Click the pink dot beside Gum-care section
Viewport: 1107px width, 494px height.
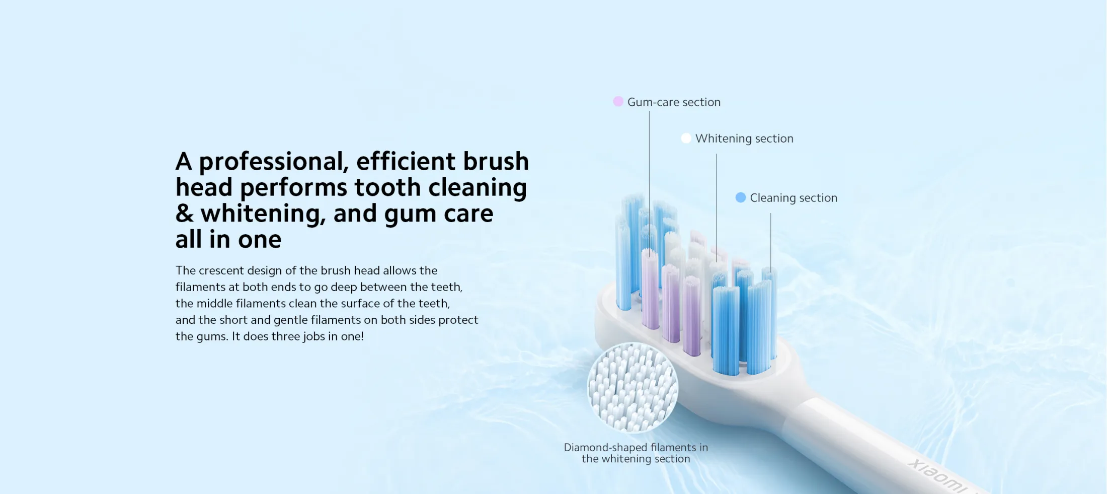click(x=618, y=101)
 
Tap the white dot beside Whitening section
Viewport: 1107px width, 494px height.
click(x=686, y=138)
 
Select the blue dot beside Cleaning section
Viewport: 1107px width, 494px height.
click(x=740, y=197)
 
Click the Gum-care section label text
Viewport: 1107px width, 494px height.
click(x=674, y=102)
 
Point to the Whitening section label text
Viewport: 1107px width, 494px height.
click(x=744, y=138)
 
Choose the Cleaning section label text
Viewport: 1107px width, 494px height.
click(x=794, y=198)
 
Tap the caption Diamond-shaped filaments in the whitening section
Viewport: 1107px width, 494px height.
click(x=636, y=453)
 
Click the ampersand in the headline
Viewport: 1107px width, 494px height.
click(x=185, y=214)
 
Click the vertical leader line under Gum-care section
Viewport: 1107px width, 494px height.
click(x=649, y=184)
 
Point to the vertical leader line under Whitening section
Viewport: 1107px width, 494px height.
click(x=716, y=208)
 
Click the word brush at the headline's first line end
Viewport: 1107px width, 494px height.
click(x=496, y=161)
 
